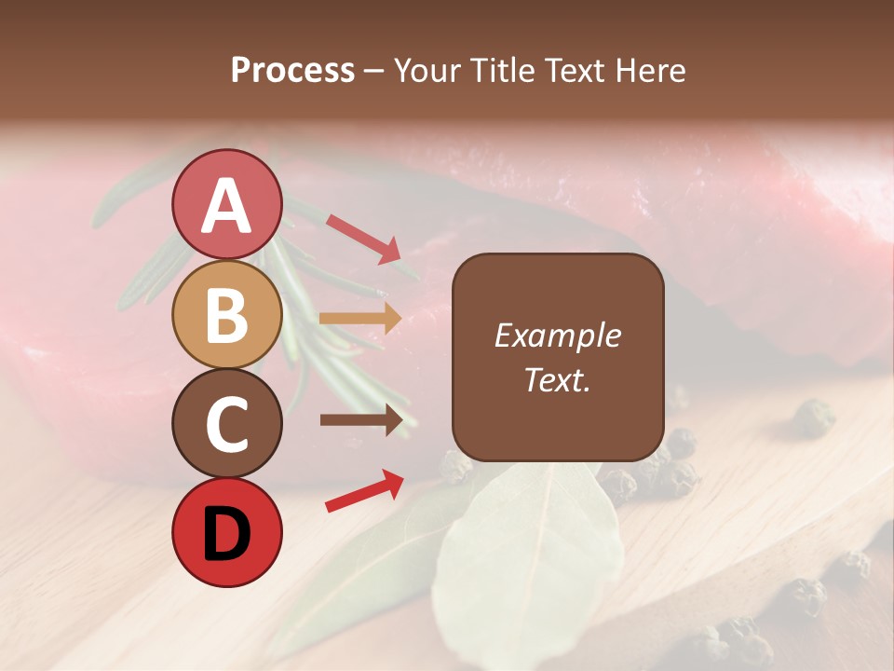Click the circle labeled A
click(226, 204)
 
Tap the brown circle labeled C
click(226, 423)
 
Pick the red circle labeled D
click(226, 532)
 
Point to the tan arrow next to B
click(360, 319)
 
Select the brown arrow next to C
click(361, 420)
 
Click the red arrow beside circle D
click(364, 490)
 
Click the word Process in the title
click(292, 70)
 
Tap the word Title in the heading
click(501, 70)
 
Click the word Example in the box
click(557, 335)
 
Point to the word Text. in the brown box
click(557, 379)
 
